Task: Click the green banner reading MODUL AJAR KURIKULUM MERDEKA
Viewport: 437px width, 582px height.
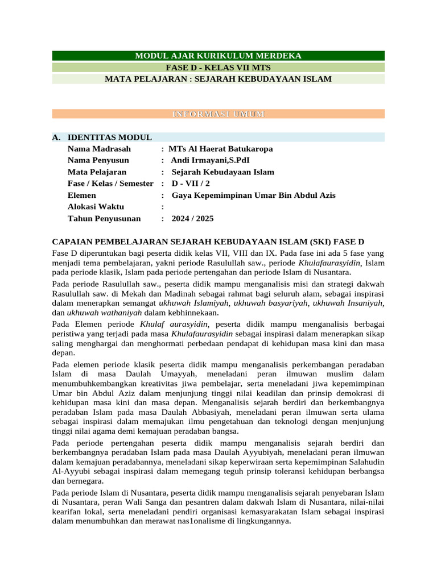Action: coord(218,56)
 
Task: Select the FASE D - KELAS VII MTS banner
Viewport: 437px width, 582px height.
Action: coord(218,67)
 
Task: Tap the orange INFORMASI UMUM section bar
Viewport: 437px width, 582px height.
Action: coord(218,114)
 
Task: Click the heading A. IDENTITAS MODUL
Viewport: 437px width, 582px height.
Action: coord(102,138)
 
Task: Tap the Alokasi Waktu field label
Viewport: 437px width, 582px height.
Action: coord(96,207)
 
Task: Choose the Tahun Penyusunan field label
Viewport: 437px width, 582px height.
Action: coord(104,219)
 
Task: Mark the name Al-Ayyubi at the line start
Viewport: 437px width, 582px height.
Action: coord(71,472)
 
